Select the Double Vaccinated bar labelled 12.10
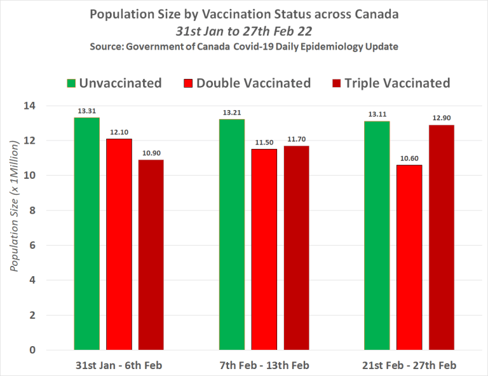[119, 244]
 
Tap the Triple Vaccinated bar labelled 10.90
[151, 254]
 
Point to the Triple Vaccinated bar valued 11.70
[296, 247]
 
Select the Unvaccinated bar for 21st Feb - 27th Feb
[376, 235]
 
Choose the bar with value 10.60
[409, 257]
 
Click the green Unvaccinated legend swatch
[71, 83]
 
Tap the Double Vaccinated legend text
[254, 83]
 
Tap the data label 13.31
[86, 111]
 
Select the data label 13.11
[376, 115]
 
